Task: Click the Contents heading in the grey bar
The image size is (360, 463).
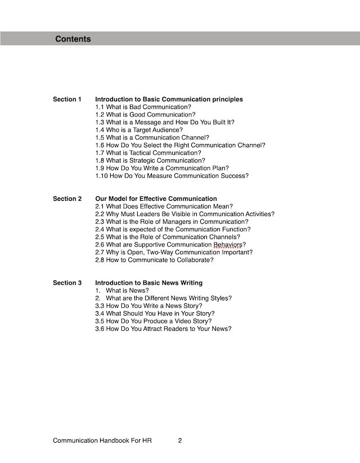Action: click(x=73, y=39)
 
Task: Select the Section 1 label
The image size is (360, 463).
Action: click(x=67, y=100)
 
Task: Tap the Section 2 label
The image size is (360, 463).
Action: click(x=67, y=199)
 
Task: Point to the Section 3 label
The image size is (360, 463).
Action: click(x=67, y=283)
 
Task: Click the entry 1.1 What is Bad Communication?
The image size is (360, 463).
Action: click(x=143, y=107)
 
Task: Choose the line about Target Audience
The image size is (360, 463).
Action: click(x=139, y=130)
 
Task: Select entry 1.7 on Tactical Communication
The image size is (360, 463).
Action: click(x=148, y=153)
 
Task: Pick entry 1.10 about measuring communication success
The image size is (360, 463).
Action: click(x=172, y=176)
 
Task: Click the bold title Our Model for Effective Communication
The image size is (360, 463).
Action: click(x=156, y=199)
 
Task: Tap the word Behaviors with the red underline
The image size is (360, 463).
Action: click(x=227, y=245)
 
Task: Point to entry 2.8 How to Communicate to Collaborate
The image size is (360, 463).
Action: click(x=154, y=260)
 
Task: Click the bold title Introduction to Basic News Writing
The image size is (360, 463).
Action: click(x=148, y=283)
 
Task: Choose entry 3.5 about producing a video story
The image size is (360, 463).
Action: click(x=153, y=321)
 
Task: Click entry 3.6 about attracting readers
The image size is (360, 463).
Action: click(x=163, y=329)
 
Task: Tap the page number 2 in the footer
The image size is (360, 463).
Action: click(x=179, y=441)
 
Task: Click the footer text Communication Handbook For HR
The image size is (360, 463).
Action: click(x=102, y=441)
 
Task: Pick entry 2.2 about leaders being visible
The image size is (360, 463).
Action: click(x=184, y=214)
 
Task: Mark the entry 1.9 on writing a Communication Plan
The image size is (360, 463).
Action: click(x=161, y=168)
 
